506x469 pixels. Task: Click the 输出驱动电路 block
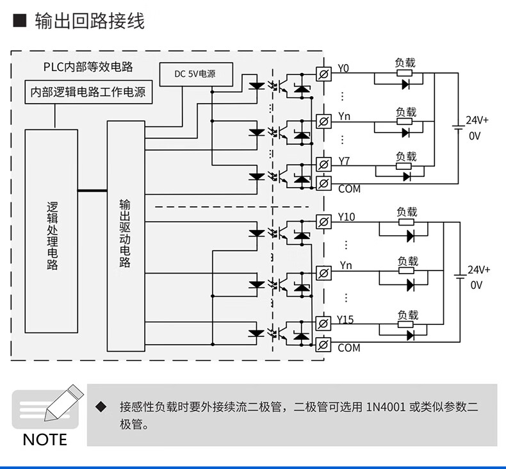coord(126,233)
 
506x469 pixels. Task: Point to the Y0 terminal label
coord(343,69)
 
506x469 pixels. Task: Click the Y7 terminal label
coord(344,160)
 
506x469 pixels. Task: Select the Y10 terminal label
coord(346,217)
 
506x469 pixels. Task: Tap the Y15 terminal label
coord(345,320)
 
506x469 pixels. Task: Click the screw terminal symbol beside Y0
coord(324,74)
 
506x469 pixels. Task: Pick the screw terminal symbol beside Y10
coord(324,222)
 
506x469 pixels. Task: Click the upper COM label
coord(349,189)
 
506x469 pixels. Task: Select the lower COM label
coord(349,348)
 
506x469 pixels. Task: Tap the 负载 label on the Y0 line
coord(405,62)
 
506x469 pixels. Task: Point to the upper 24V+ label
coord(477,120)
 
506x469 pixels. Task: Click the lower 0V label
coord(476,285)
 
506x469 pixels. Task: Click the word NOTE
coord(45,440)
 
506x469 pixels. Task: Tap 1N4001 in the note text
coord(386,407)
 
